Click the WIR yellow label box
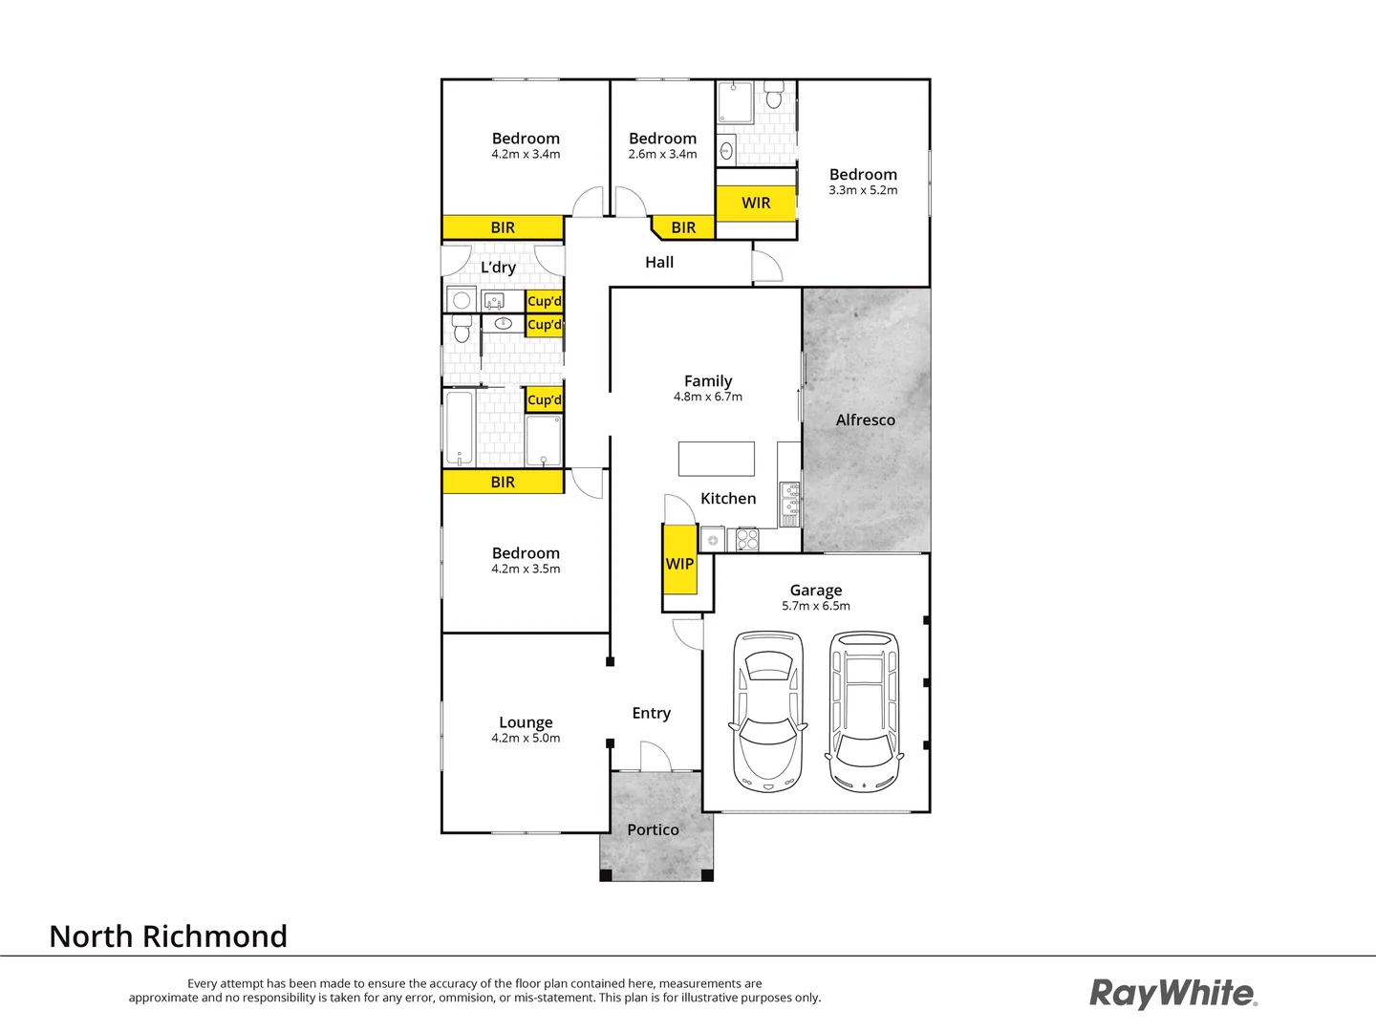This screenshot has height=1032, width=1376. click(756, 203)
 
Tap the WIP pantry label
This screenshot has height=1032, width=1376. click(679, 564)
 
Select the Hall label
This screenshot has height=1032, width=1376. click(659, 262)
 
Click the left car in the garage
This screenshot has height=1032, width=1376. click(767, 711)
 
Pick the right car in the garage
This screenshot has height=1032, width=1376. click(864, 711)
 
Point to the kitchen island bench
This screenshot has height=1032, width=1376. click(716, 459)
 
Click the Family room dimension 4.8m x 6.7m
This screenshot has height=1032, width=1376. click(707, 397)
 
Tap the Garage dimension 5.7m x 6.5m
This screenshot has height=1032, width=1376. click(815, 606)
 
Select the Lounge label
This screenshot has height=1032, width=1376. click(526, 722)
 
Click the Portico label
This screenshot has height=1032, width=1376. click(653, 829)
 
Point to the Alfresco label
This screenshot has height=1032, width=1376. click(865, 419)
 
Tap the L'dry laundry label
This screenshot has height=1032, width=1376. click(498, 268)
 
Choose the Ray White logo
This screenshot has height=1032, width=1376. click(1172, 993)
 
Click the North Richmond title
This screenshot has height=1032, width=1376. click(168, 936)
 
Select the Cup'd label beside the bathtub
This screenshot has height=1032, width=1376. click(544, 399)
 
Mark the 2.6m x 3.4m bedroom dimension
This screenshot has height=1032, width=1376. click(662, 154)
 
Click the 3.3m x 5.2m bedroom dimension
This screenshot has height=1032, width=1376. click(863, 190)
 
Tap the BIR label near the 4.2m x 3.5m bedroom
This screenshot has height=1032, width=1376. click(503, 482)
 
